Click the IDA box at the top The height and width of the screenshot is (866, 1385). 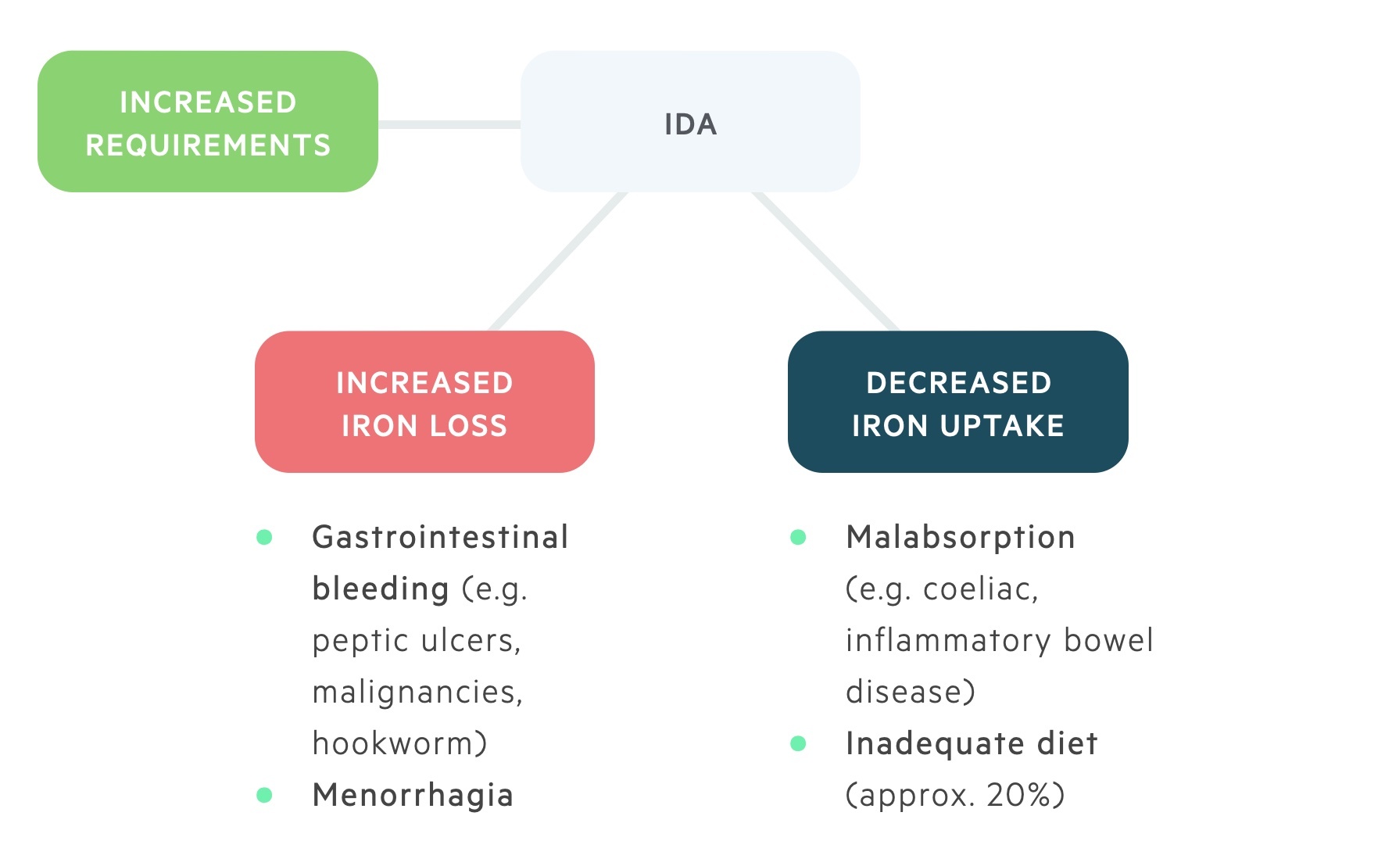coord(690,121)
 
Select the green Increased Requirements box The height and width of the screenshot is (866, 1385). coord(208,121)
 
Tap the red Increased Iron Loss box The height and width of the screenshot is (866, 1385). coord(424,402)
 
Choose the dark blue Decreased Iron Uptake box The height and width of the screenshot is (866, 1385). coord(958,402)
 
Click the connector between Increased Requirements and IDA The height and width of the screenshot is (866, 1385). coord(449,124)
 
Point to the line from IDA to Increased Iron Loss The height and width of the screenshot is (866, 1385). coord(558,261)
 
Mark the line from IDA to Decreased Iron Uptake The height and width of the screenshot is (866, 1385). coord(825,261)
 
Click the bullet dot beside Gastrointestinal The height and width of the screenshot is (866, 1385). coord(264,537)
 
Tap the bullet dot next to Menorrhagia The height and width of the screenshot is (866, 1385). coord(264,795)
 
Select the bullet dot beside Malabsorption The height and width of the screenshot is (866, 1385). coord(798,537)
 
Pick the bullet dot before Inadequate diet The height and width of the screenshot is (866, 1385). coord(798,743)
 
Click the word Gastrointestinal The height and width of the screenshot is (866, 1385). coord(440,537)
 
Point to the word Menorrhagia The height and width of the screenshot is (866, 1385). coord(413,796)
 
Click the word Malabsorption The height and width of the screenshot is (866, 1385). coord(961,539)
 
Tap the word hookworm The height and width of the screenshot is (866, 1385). coord(394,743)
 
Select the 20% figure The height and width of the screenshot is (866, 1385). coord(1019,795)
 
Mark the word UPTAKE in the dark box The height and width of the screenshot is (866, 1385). coord(1002,426)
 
